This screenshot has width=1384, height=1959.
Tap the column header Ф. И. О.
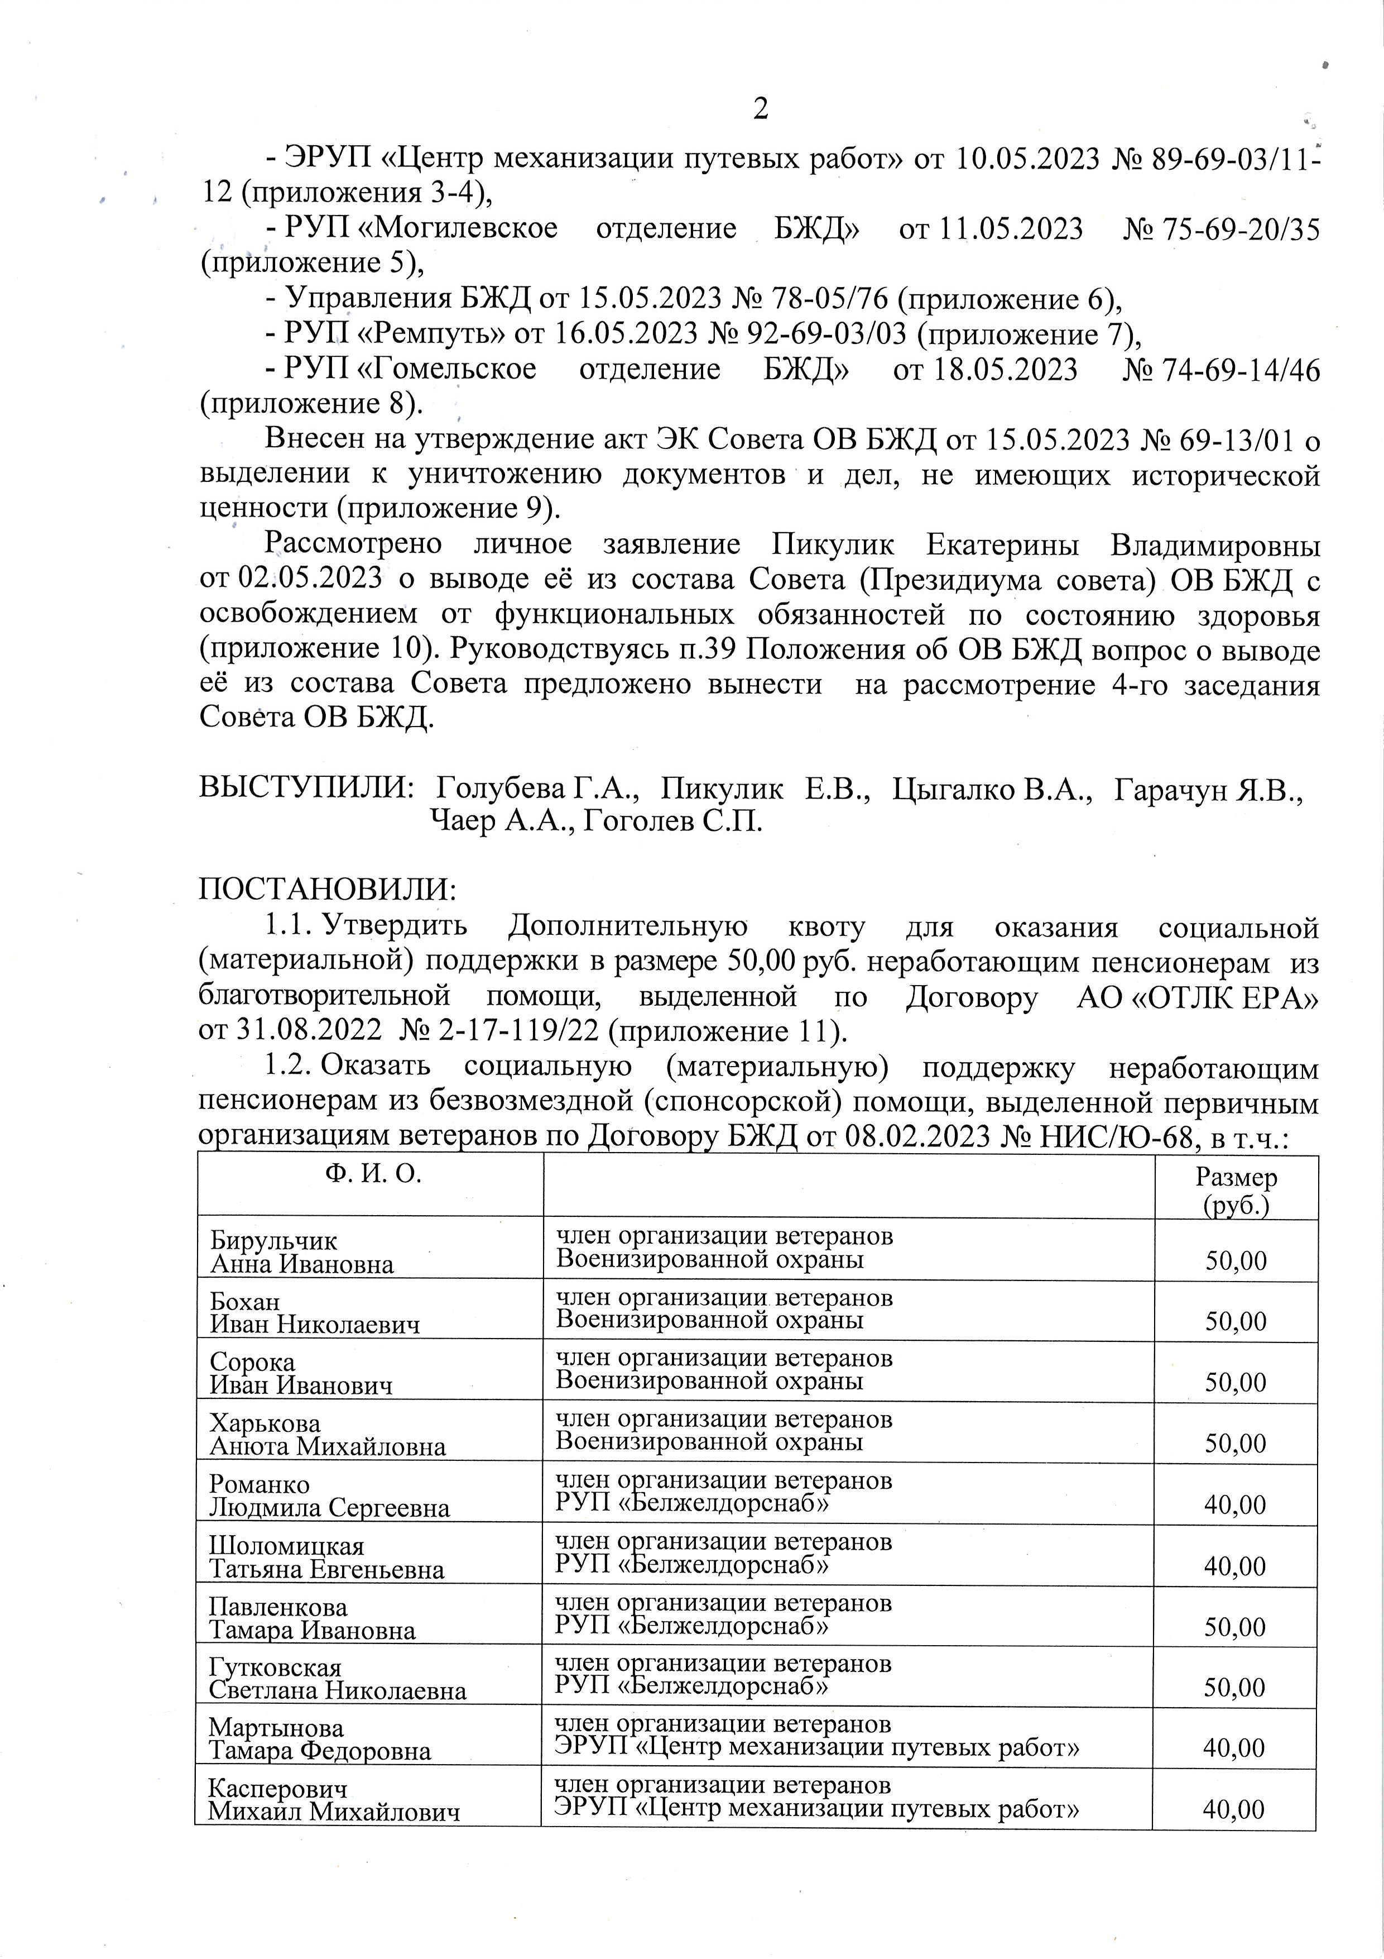[373, 1175]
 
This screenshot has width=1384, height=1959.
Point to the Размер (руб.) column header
[1235, 1190]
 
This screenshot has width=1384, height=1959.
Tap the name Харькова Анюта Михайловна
[328, 1435]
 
